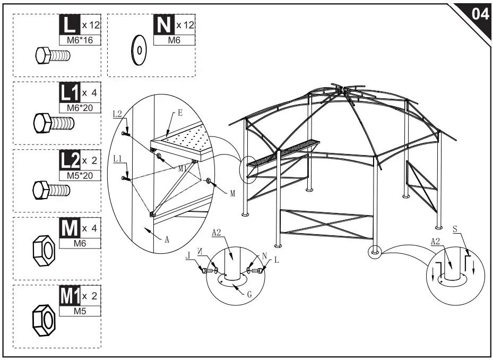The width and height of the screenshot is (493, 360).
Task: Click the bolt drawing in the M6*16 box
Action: point(53,55)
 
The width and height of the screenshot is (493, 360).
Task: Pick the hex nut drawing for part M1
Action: point(45,320)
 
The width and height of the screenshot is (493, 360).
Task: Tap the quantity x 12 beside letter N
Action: point(185,25)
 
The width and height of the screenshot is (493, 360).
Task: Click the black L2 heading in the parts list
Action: point(69,160)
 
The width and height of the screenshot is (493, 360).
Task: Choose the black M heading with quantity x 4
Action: point(69,228)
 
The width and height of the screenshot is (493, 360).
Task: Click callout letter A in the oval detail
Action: point(167,239)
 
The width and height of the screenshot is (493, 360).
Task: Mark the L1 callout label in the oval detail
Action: point(118,159)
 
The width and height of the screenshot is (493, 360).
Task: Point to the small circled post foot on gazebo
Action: point(375,251)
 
